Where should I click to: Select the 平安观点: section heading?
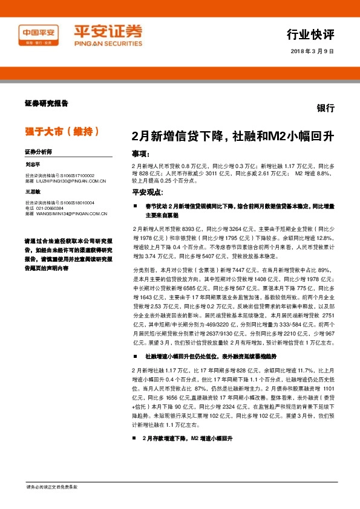click(x=148, y=192)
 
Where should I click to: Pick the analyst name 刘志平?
click(x=33, y=164)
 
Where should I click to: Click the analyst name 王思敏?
click(x=33, y=191)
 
